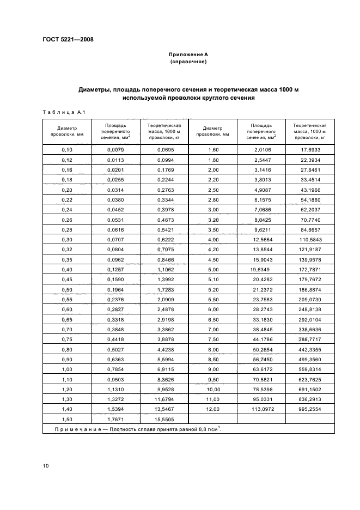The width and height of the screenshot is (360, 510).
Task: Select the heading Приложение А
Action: pyautogui.click(x=188, y=54)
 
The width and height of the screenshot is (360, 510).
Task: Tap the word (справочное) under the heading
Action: pyautogui.click(x=188, y=62)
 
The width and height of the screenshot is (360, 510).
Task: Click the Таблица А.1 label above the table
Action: pyautogui.click(x=62, y=112)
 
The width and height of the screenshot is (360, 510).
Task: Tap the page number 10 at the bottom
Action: pyautogui.click(x=46, y=465)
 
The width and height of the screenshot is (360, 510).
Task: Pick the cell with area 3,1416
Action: pyautogui.click(x=263, y=171)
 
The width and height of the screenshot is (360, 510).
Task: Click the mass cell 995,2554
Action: pyautogui.click(x=311, y=409)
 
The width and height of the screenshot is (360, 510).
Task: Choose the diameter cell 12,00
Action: pyautogui.click(x=212, y=409)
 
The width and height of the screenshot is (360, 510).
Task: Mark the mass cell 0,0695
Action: pyautogui.click(x=165, y=149)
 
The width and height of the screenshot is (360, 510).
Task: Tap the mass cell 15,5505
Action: pyautogui.click(x=165, y=419)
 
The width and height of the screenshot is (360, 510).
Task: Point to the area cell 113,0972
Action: pyautogui.click(x=263, y=409)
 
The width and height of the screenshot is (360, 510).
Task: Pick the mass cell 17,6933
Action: pyautogui.click(x=311, y=149)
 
